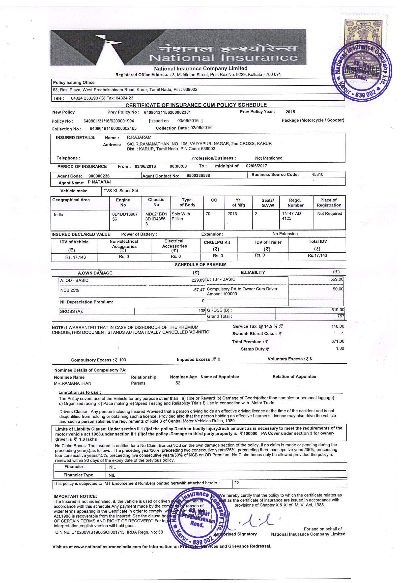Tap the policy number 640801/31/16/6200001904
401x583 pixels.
tap(109, 121)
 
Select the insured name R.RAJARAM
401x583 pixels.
tap(139, 138)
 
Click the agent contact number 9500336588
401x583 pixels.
tap(198, 176)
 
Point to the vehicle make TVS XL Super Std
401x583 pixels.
tap(121, 191)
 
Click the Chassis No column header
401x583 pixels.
tap(156, 202)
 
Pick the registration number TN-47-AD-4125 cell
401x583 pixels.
tap(292, 216)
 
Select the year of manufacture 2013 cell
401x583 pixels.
tap(232, 214)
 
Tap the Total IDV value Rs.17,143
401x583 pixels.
tap(317, 256)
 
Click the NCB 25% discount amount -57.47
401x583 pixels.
tap(199, 290)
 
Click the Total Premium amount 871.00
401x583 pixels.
tap(338, 342)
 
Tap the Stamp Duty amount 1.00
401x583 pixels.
tap(340, 349)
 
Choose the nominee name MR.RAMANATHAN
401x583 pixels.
tap(73, 383)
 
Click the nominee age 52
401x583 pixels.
tap(178, 383)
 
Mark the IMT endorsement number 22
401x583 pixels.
tap(236, 483)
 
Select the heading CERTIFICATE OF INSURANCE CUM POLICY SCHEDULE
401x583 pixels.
tap(196, 105)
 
